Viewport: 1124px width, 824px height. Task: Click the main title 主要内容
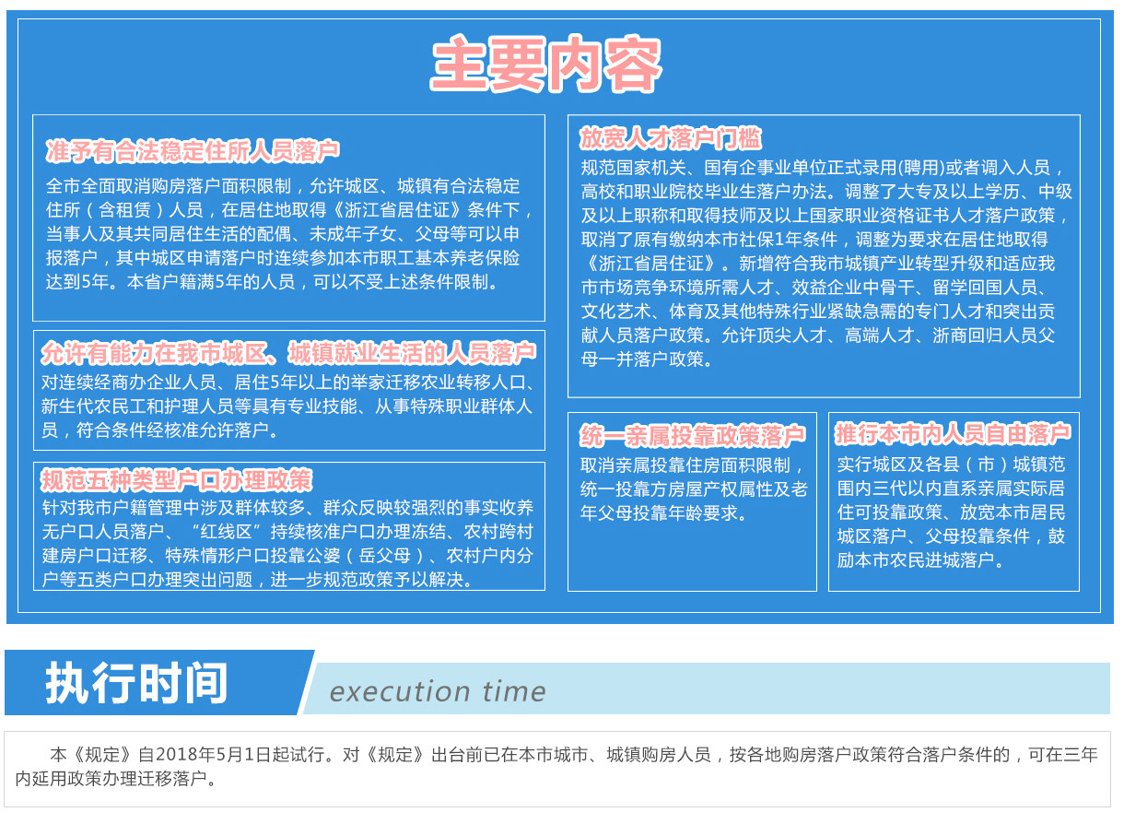[546, 64]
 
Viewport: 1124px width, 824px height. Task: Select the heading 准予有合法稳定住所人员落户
[193, 151]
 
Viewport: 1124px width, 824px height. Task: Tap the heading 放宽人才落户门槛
[671, 138]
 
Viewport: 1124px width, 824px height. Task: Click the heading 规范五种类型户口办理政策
[177, 480]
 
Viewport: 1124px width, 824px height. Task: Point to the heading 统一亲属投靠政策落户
[693, 435]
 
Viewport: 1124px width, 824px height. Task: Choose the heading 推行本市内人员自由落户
[952, 434]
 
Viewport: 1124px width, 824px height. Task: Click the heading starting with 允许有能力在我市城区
[288, 353]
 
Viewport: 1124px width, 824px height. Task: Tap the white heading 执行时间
[136, 683]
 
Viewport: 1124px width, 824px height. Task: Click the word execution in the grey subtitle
[400, 692]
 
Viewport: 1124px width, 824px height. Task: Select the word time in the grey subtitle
[514, 691]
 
